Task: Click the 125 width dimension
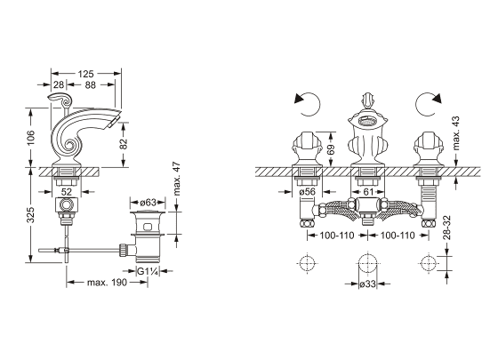pyautogui.click(x=85, y=74)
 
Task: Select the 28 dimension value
pyautogui.click(x=59, y=84)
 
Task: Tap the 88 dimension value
pyautogui.click(x=91, y=84)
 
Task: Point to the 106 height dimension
pyautogui.click(x=31, y=138)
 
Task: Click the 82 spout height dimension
pyautogui.click(x=124, y=144)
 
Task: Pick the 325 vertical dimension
pyautogui.click(x=30, y=215)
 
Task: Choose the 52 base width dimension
pyautogui.click(x=67, y=191)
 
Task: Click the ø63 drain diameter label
pyautogui.click(x=148, y=203)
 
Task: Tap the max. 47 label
pyautogui.click(x=177, y=179)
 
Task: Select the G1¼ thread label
pyautogui.click(x=148, y=271)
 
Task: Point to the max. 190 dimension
pyautogui.click(x=107, y=282)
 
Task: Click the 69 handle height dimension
pyautogui.click(x=330, y=149)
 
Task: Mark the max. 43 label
pyautogui.click(x=455, y=133)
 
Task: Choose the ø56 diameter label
pyautogui.click(x=307, y=191)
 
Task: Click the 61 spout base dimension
pyautogui.click(x=368, y=192)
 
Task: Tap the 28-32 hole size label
pyautogui.click(x=446, y=228)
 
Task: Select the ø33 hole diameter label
pyautogui.click(x=368, y=284)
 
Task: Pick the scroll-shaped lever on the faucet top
pyautogui.click(x=61, y=100)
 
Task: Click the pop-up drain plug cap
pyautogui.click(x=148, y=212)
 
